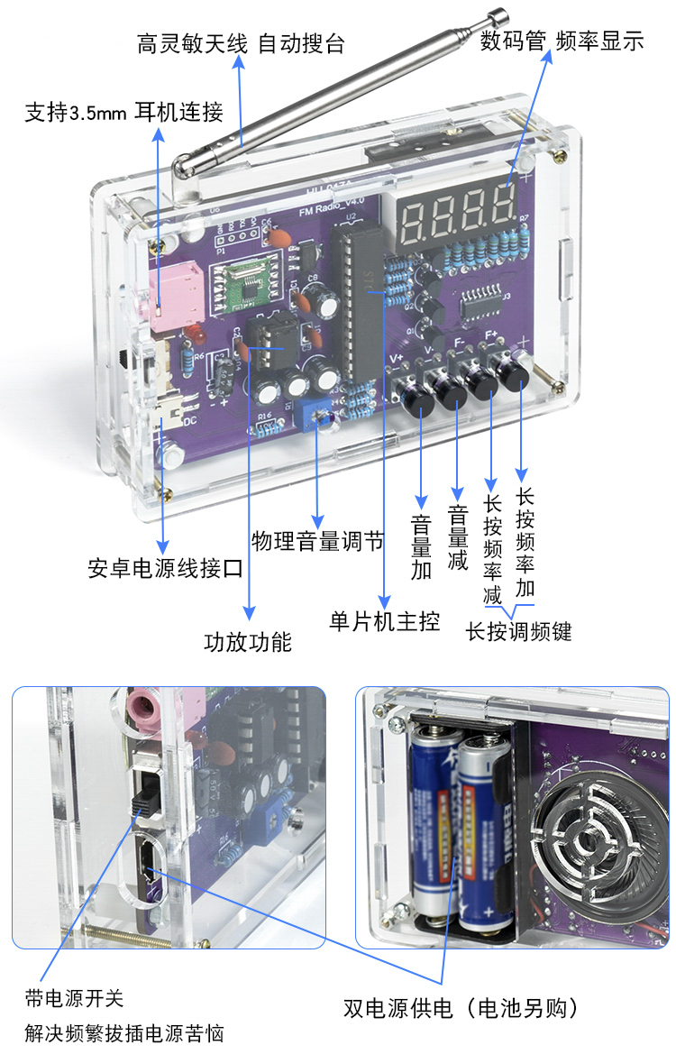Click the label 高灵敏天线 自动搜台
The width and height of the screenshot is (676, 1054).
tap(241, 43)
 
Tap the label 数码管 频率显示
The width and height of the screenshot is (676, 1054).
tap(562, 41)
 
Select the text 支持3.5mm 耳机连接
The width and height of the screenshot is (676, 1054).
tap(123, 112)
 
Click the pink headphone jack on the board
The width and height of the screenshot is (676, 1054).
tap(176, 295)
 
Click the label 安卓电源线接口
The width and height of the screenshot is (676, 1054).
tap(165, 569)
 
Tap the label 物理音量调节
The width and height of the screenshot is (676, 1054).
tap(318, 541)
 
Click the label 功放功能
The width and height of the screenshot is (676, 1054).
tap(248, 642)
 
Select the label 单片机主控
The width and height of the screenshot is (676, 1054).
tap(384, 621)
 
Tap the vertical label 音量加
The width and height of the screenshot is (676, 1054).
tap(421, 546)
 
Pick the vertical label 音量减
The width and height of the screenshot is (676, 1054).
tap(458, 537)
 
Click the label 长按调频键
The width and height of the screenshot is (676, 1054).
tap(519, 632)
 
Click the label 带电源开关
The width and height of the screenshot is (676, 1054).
tap(74, 998)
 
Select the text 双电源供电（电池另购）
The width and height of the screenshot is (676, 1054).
tap(461, 1008)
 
